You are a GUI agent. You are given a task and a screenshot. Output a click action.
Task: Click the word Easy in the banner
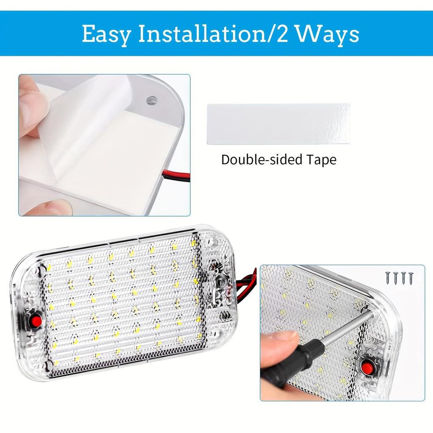pyautogui.click(x=106, y=34)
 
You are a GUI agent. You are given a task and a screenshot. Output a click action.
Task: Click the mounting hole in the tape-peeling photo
pyautogui.click(x=151, y=101)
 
